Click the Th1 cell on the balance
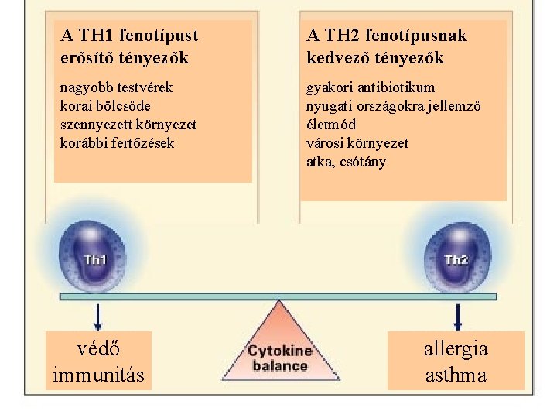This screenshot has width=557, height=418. [x=95, y=258]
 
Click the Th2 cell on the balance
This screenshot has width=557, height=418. [x=456, y=258]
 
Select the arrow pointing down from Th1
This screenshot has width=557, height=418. [x=98, y=316]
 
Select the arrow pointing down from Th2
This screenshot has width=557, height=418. [x=458, y=316]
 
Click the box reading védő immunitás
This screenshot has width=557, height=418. [x=98, y=361]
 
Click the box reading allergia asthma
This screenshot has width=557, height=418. [x=456, y=361]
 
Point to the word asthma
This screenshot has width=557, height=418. [x=456, y=375]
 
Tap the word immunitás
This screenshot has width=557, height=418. [x=98, y=375]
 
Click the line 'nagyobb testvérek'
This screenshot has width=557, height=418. [x=116, y=87]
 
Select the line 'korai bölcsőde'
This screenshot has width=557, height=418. [x=105, y=105]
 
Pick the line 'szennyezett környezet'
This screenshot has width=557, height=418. [x=128, y=124]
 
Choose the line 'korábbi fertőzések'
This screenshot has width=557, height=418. [x=117, y=142]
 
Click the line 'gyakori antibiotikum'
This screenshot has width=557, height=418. [x=371, y=87]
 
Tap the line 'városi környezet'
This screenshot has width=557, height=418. [x=357, y=143]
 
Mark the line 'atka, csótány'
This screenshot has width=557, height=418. [x=346, y=162]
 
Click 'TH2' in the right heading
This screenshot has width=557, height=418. [x=341, y=36]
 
